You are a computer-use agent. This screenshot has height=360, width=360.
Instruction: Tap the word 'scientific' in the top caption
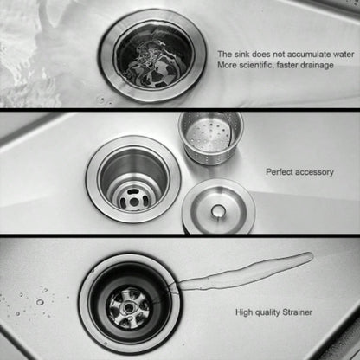click(255, 65)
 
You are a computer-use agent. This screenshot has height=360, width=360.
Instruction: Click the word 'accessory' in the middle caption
click(315, 172)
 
